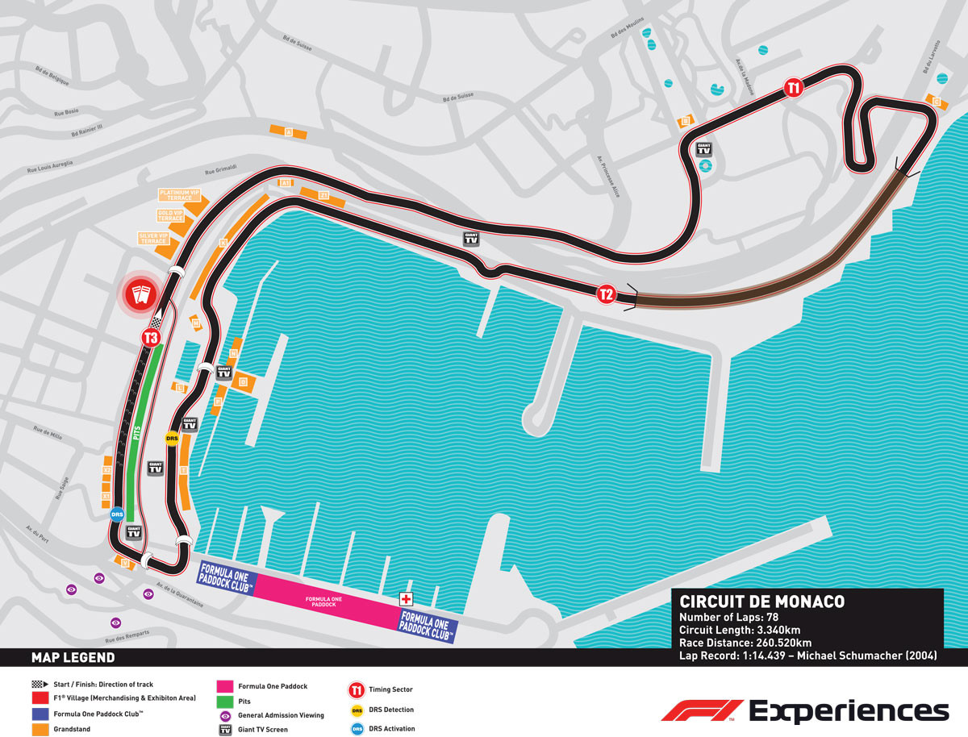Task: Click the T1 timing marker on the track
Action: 794,88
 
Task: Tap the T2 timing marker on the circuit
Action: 607,294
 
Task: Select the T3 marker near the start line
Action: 150,338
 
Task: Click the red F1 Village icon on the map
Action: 142,294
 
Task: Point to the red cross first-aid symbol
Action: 406,599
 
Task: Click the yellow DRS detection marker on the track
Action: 172,439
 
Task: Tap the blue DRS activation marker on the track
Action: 118,514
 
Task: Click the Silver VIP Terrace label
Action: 153,239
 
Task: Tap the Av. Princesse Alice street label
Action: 610,176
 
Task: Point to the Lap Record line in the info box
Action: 807,656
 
